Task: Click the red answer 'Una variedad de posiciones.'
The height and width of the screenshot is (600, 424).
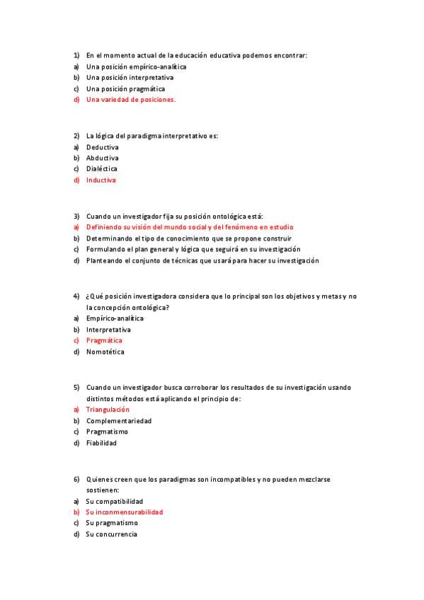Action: [x=130, y=100]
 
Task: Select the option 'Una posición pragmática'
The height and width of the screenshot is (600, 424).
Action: [x=125, y=88]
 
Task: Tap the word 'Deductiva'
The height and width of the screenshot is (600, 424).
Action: [x=102, y=146]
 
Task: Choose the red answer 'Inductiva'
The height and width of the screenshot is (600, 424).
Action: [x=101, y=180]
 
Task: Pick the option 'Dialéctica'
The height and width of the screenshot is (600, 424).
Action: [x=102, y=168]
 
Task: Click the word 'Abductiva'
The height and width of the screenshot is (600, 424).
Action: [x=102, y=158]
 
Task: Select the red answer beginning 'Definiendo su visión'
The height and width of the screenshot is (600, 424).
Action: [x=189, y=227]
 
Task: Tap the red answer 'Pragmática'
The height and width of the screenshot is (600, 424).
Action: [x=104, y=340]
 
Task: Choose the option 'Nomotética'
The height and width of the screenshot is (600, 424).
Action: [x=105, y=352]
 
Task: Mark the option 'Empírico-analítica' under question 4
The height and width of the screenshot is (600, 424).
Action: [x=115, y=318]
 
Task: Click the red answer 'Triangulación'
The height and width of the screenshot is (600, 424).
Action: [x=108, y=409]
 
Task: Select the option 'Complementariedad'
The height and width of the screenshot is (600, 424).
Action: [x=119, y=420]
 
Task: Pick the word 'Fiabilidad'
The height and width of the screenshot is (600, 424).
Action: [x=101, y=443]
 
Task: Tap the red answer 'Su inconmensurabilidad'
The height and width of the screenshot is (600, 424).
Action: [x=124, y=512]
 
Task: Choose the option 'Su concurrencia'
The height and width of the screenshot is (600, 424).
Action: [x=111, y=534]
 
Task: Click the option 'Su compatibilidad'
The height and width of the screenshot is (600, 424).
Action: [x=114, y=501]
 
